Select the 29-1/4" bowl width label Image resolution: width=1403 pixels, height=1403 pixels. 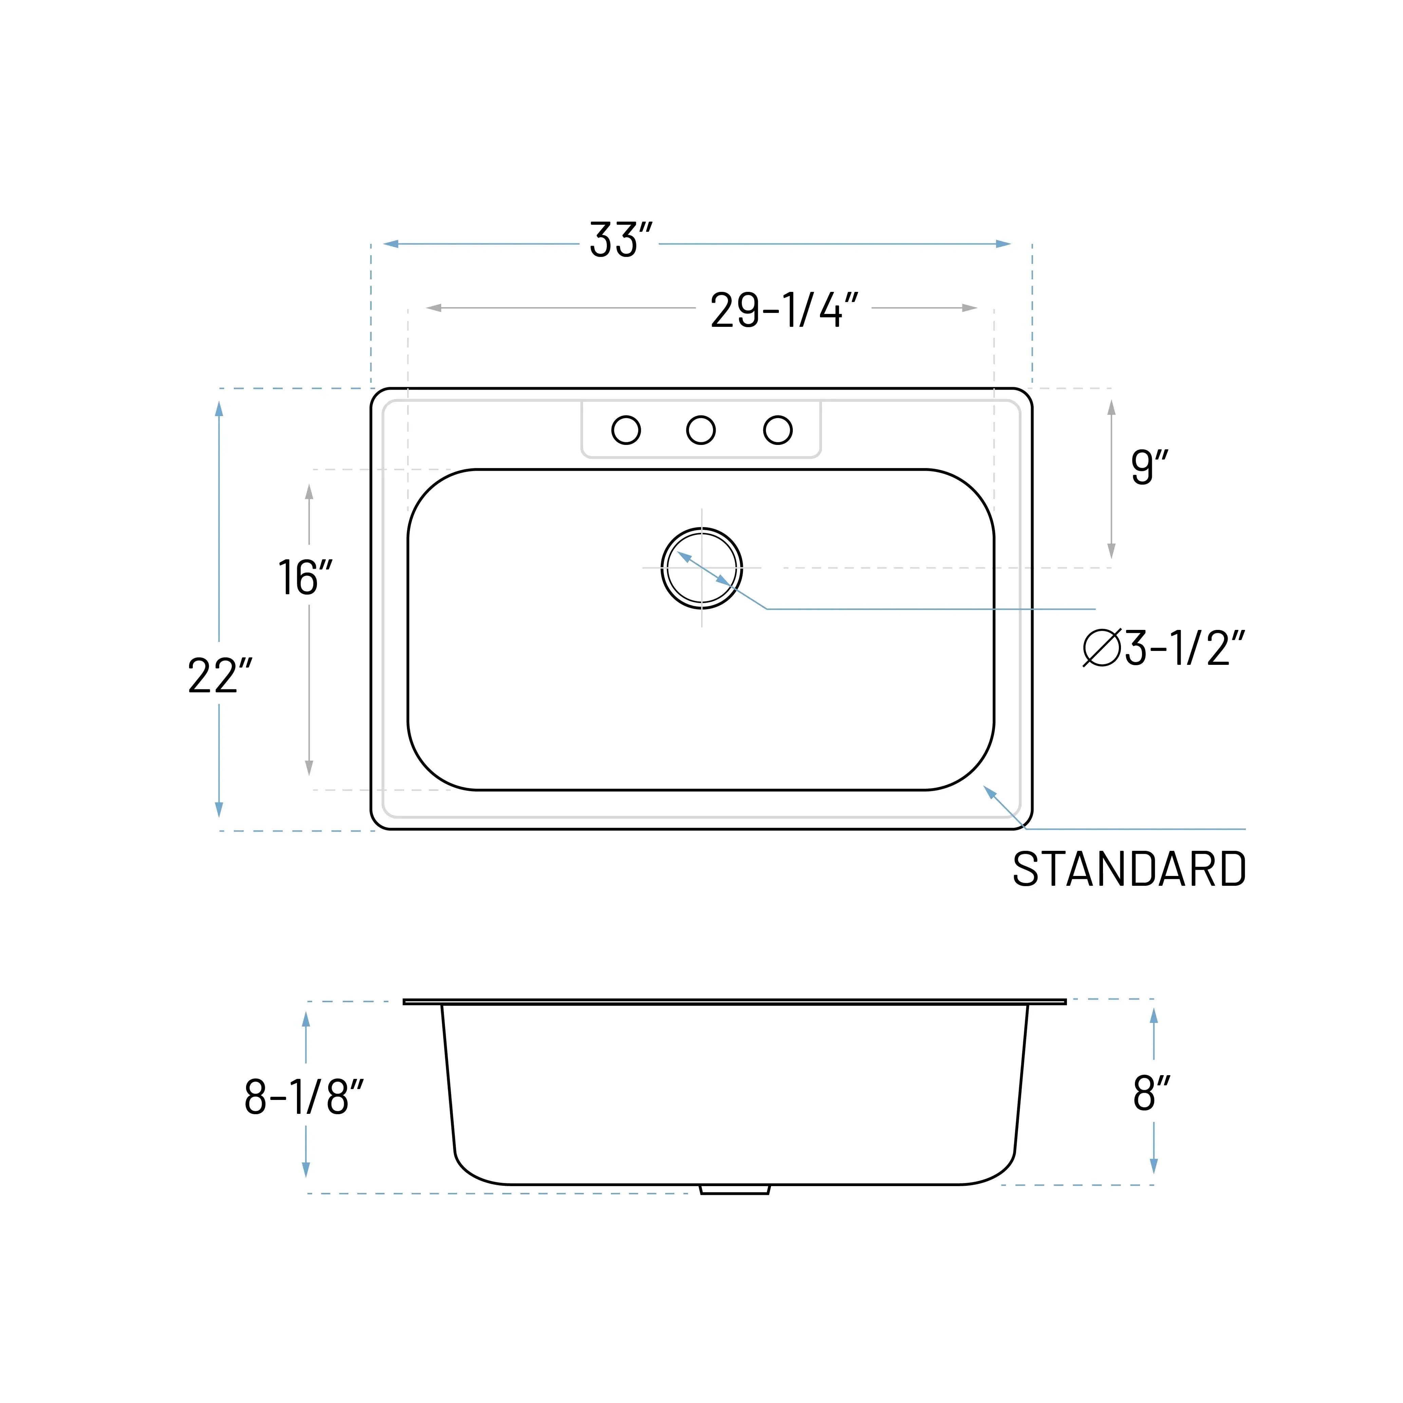tap(784, 311)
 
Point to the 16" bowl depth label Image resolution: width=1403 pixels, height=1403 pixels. tap(306, 578)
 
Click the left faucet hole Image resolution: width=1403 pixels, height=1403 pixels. tap(626, 430)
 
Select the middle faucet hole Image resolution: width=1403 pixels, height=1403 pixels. tap(701, 430)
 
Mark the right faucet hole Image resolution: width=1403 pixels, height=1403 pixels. tap(778, 430)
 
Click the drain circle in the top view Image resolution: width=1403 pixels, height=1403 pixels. tap(701, 568)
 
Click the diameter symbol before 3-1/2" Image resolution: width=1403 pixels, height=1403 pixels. tap(1102, 647)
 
